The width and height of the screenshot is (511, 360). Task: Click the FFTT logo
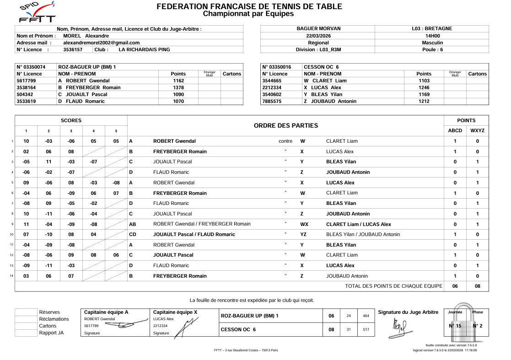click(x=38, y=12)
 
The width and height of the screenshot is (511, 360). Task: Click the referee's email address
click(x=101, y=43)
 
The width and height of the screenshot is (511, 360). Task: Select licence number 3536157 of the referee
click(x=73, y=49)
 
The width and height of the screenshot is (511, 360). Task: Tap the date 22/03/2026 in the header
click(x=317, y=35)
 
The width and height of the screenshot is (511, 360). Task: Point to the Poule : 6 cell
click(x=432, y=49)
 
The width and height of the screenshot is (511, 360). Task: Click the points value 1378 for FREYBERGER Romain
click(x=178, y=87)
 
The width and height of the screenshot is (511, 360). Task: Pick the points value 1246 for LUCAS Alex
click(x=424, y=87)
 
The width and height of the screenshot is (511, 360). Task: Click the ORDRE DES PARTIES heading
click(x=286, y=125)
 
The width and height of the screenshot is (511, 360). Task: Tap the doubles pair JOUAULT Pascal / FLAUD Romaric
click(x=194, y=234)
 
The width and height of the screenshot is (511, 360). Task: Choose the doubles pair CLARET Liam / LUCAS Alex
click(x=358, y=224)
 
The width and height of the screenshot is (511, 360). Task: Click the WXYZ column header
click(x=477, y=130)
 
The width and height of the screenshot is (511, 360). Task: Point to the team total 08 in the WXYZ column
click(x=477, y=286)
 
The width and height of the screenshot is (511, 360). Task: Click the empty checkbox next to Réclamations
click(x=26, y=319)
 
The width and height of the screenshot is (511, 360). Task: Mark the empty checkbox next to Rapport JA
click(x=26, y=333)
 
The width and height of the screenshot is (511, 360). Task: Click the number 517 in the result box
click(x=366, y=329)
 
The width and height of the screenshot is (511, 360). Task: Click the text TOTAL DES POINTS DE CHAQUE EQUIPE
click(x=393, y=286)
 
